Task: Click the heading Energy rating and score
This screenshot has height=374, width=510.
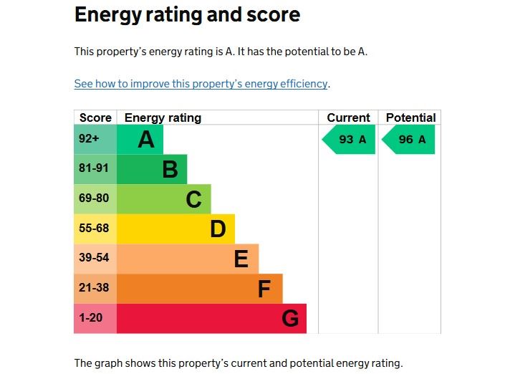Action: (187, 14)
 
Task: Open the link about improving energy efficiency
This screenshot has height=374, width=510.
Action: (201, 84)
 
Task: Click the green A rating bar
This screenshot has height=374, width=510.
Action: (140, 139)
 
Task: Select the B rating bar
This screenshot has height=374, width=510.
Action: (151, 169)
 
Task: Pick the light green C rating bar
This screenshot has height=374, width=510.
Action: (163, 199)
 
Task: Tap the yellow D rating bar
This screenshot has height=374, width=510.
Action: (175, 229)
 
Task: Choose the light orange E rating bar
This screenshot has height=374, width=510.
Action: (187, 259)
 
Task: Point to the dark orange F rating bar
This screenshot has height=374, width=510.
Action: (199, 289)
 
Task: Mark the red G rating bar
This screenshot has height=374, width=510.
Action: (211, 318)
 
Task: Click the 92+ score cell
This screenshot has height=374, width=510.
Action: (95, 139)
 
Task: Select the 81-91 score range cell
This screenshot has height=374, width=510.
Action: (95, 169)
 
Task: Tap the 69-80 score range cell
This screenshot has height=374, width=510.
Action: (95, 198)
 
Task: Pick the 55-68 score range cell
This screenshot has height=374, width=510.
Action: (95, 229)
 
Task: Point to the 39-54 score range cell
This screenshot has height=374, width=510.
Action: (95, 259)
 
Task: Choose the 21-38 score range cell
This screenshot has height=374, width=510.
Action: (95, 288)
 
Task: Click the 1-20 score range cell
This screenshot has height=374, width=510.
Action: (95, 318)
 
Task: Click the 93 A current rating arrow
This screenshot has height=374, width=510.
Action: (350, 140)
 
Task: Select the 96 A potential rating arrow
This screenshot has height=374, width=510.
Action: (409, 140)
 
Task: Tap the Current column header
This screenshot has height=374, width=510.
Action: (348, 118)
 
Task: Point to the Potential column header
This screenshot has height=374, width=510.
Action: (410, 118)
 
